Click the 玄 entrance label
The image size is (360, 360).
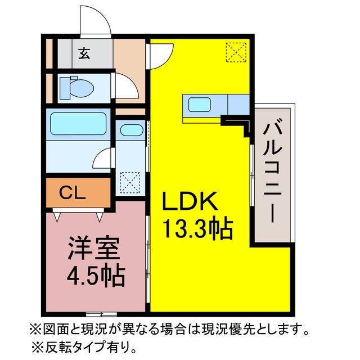click(84, 54)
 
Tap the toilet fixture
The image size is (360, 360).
click(76, 88)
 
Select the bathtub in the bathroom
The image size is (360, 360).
click(78, 124)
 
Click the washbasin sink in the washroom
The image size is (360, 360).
click(132, 130)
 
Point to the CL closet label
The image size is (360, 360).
click(72, 192)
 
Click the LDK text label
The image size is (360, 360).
click(190, 201)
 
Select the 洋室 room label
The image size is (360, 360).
click(93, 249)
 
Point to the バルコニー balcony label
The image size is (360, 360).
click(272, 172)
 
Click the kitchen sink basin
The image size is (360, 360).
click(200, 104)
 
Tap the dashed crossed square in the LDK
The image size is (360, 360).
click(236, 52)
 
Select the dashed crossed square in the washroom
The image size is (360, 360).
click(130, 182)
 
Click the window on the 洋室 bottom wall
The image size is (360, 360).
click(102, 314)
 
